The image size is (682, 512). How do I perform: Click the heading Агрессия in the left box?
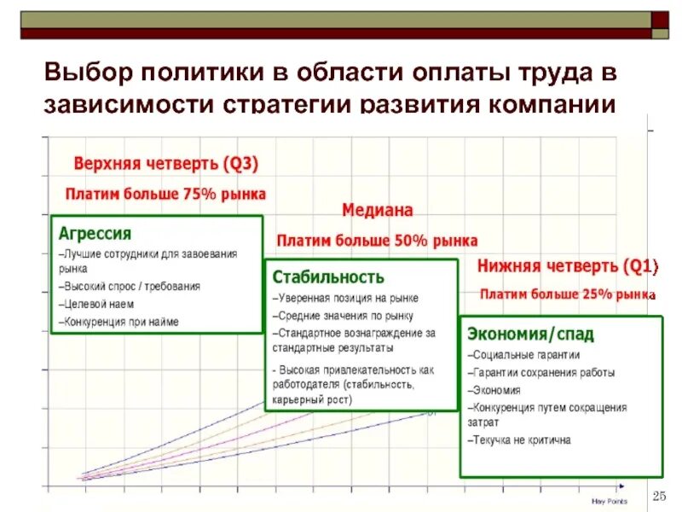95,233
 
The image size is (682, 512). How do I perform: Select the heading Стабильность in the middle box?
328,277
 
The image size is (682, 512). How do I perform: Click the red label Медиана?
378,210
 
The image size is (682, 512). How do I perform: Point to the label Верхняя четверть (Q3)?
165,163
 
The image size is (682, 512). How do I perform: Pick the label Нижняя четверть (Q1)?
568,267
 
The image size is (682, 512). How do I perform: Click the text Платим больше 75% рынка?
166,194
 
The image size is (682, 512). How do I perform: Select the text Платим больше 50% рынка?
377,241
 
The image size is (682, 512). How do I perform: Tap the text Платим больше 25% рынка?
566,295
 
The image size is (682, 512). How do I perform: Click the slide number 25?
658,497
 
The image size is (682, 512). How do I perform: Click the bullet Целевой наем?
97,304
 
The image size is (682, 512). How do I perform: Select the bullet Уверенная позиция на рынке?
345,298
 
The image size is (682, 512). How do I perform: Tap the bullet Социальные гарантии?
523,355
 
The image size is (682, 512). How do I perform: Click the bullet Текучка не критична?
519,440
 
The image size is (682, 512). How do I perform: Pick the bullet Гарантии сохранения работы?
540,373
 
